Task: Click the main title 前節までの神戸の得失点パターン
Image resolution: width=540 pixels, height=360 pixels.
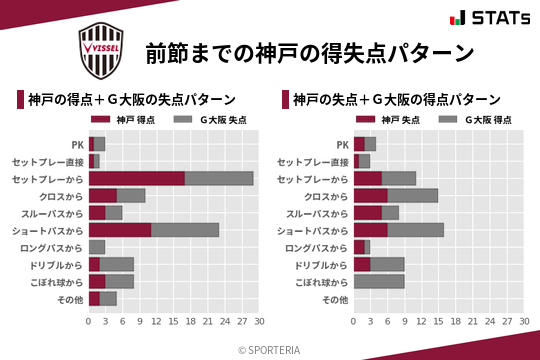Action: [x=308, y=51]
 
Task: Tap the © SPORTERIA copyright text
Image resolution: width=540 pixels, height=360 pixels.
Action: [x=270, y=349]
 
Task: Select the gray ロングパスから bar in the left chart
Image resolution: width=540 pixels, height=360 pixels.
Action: [x=97, y=247]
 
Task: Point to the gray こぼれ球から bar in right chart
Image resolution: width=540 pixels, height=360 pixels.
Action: [x=379, y=282]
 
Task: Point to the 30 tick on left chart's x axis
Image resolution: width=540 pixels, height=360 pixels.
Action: [x=258, y=322]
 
